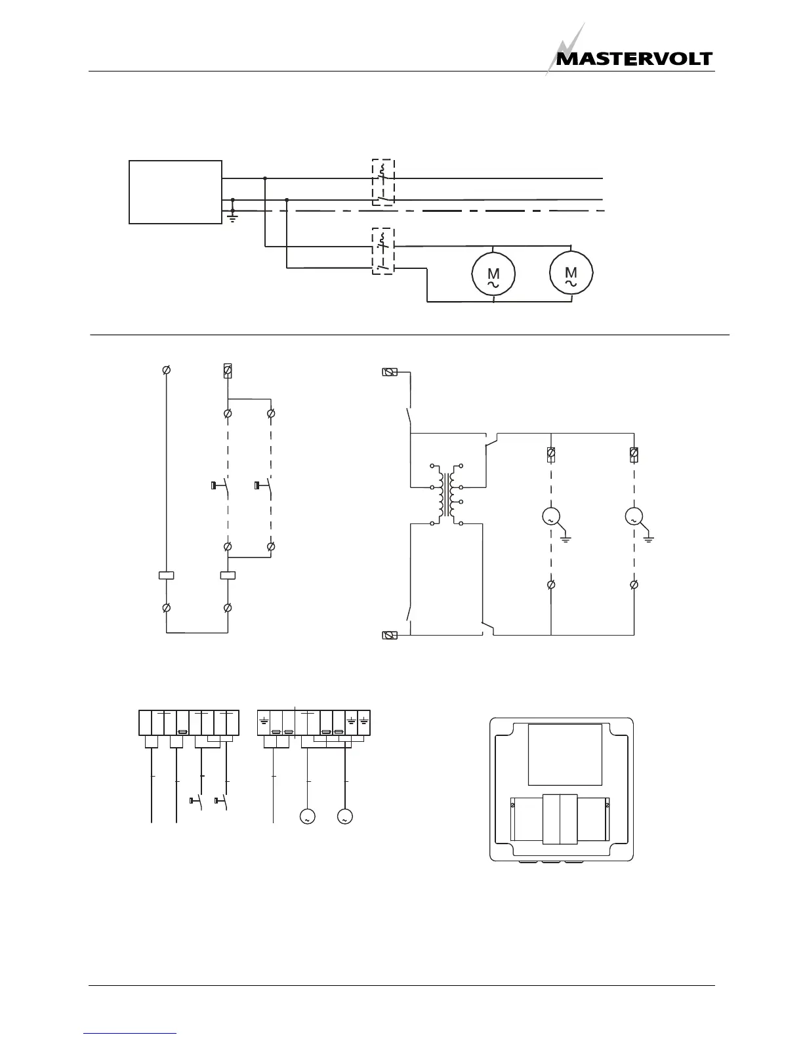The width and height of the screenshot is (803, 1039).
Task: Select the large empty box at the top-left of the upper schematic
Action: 175,192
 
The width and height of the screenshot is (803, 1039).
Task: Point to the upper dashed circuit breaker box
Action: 383,182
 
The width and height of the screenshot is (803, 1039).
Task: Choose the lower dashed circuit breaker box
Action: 382,251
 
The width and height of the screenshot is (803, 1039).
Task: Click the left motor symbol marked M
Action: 493,275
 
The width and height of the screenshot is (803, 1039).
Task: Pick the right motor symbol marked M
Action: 571,273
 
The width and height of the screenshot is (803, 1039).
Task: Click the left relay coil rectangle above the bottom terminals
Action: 167,576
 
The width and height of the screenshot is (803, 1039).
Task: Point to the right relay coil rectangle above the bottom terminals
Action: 228,576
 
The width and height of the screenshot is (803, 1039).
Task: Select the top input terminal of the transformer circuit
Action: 390,373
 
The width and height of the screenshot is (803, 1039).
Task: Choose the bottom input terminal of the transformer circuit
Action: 390,635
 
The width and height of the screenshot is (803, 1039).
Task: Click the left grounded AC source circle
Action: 550,518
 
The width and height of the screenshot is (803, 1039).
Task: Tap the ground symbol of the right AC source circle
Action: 649,539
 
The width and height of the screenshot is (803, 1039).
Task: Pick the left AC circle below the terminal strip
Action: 306,817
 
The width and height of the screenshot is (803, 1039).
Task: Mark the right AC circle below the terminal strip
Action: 344,817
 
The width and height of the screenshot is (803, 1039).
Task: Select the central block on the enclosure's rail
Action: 560,819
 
